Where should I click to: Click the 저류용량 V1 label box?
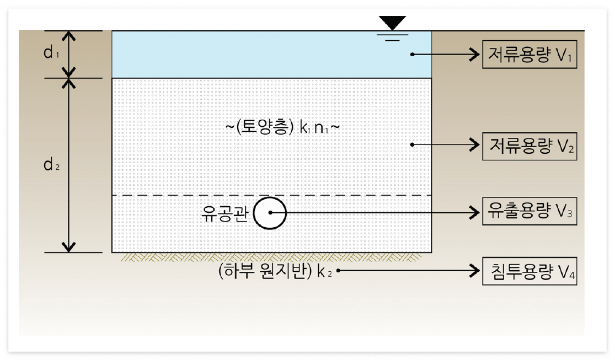point(530,54)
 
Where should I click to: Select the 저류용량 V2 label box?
point(530,146)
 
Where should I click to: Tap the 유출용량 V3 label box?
point(530,211)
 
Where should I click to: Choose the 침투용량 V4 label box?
point(530,271)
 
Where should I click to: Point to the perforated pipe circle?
point(270,212)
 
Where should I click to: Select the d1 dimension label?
point(51,53)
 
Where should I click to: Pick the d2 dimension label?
point(51,165)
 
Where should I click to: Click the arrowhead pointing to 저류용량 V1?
point(474,54)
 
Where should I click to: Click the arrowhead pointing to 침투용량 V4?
point(474,271)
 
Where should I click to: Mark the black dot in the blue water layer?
point(413,54)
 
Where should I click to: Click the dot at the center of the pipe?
point(270,212)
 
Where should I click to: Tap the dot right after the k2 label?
point(338,271)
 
